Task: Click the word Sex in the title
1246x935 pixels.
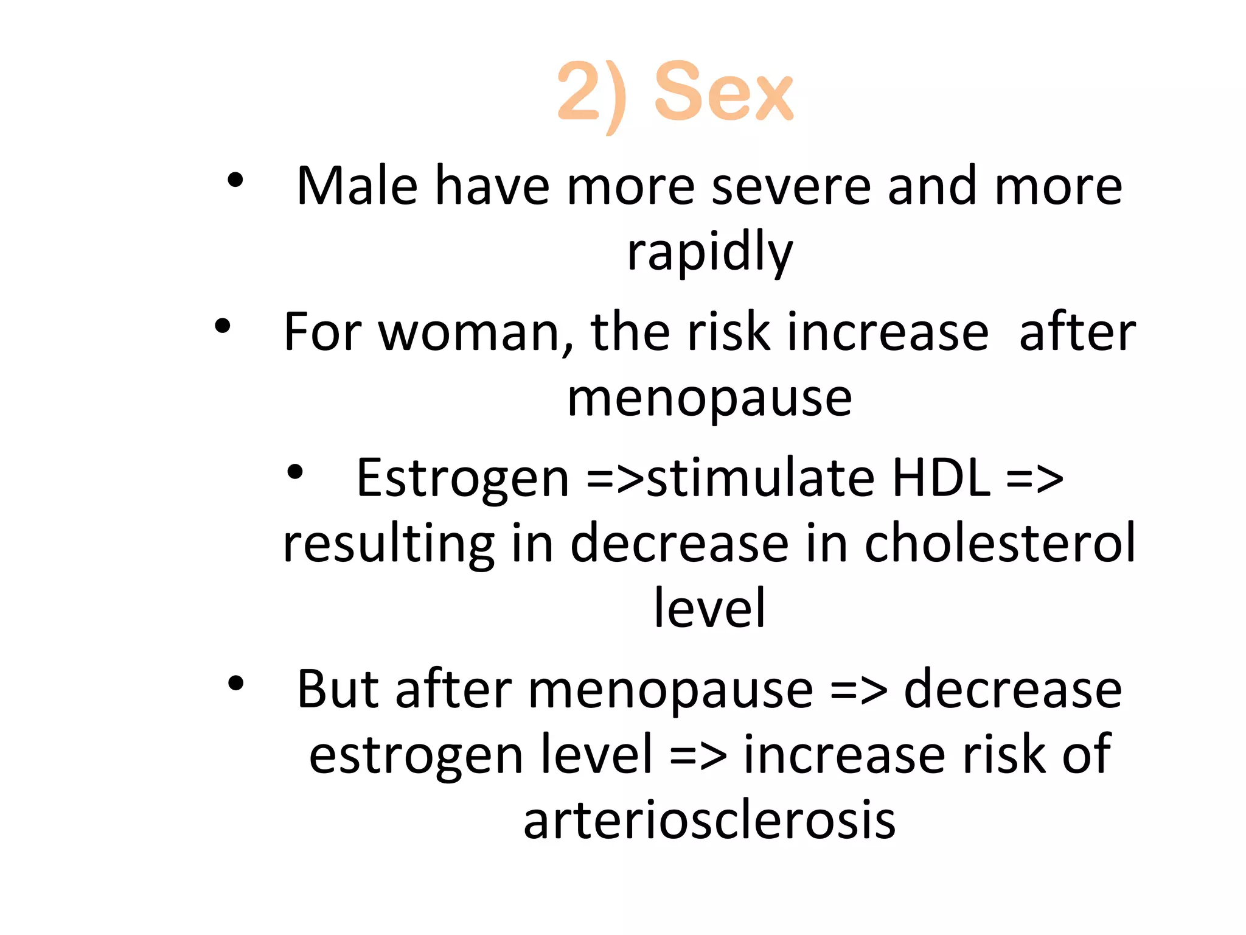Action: click(723, 93)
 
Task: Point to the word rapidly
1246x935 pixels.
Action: click(710, 252)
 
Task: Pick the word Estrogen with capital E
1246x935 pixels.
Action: click(463, 479)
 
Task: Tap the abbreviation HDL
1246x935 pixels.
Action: click(941, 478)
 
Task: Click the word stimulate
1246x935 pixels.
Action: click(760, 478)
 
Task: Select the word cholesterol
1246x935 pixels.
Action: click(1000, 543)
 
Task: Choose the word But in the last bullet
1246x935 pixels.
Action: click(338, 690)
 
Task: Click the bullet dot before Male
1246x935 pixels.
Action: click(235, 180)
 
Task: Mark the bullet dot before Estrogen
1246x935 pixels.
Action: click(295, 472)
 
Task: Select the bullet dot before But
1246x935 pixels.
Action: click(235, 684)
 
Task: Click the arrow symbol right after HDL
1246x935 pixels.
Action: click(1035, 479)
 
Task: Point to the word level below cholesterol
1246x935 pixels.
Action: click(709, 608)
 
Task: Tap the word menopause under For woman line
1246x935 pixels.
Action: click(709, 399)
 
